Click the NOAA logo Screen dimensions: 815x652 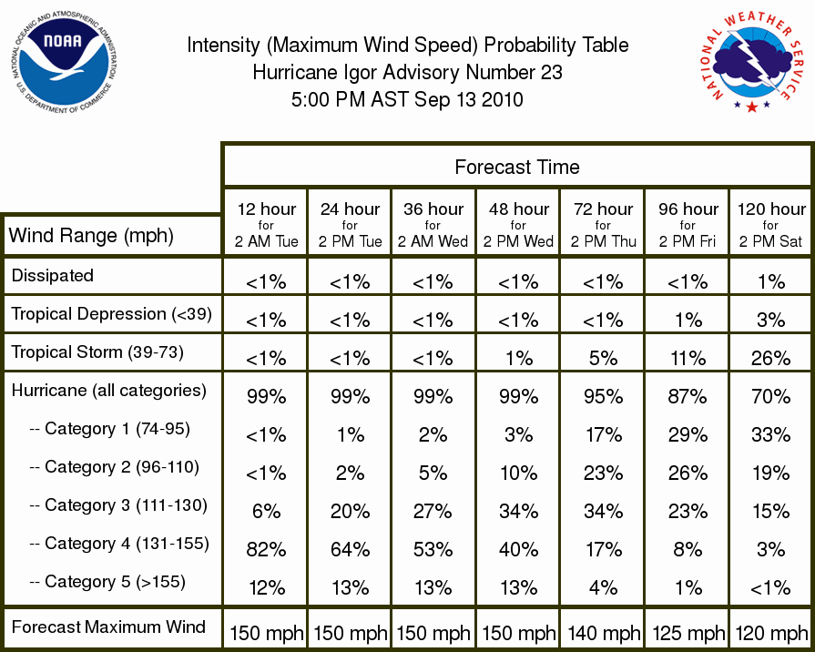(x=64, y=63)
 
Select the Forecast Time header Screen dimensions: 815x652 (x=517, y=167)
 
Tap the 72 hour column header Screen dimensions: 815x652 (x=603, y=225)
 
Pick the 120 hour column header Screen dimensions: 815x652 (x=771, y=225)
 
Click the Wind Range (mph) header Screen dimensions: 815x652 (x=91, y=236)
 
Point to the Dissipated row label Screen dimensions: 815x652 (x=53, y=275)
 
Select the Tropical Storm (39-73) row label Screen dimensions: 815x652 (x=97, y=352)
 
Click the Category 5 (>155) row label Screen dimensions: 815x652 (x=107, y=581)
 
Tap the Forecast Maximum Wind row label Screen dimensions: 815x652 (x=108, y=627)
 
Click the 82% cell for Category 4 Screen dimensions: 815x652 (x=266, y=550)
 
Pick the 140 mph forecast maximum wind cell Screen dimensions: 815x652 (x=604, y=633)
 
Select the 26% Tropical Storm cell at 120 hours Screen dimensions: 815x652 (x=771, y=358)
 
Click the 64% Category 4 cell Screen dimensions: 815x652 (x=351, y=550)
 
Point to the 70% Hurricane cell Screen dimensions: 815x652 (x=771, y=397)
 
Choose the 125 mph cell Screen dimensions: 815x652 (x=688, y=633)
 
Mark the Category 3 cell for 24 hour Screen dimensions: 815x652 (x=351, y=511)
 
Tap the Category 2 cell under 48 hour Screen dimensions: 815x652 (x=519, y=474)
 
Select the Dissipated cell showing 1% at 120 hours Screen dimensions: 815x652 (x=771, y=281)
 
